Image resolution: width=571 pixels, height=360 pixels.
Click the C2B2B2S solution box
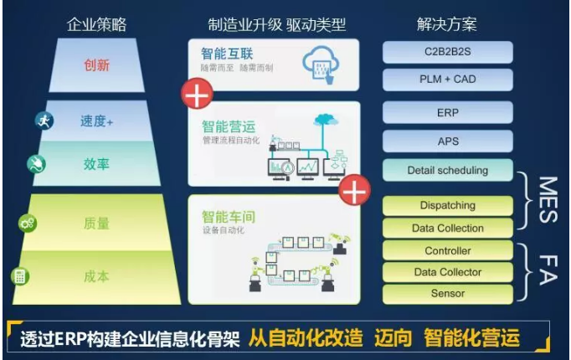[x=448, y=53]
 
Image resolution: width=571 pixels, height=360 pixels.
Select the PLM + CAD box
[x=448, y=80]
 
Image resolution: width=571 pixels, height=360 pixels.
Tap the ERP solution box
[x=448, y=113]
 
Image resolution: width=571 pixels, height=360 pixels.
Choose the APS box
[x=448, y=141]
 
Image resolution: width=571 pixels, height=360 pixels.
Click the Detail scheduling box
[x=448, y=170]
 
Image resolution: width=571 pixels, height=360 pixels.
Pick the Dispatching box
[x=448, y=205]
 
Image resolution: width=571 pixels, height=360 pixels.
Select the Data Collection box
[x=448, y=228]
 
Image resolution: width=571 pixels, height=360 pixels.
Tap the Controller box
[x=448, y=250]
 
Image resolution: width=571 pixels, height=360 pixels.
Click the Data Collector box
[x=448, y=272]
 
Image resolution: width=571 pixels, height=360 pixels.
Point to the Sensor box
[x=448, y=294]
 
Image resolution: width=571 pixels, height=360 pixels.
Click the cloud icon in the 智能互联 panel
[x=322, y=59]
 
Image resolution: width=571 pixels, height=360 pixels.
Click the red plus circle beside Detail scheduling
[x=354, y=192]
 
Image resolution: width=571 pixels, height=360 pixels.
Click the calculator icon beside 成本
[x=19, y=275]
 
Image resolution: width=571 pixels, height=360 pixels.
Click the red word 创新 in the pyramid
[x=98, y=64]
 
